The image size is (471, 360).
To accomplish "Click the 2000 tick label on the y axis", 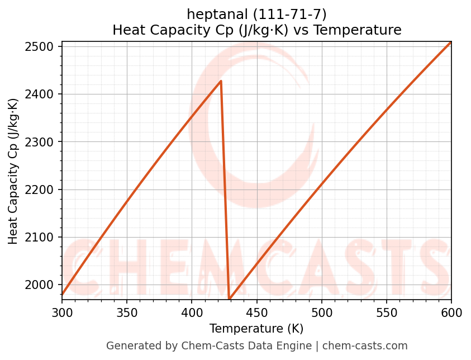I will tap(43, 285).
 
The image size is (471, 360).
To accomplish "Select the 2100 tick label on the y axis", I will tap(43, 238).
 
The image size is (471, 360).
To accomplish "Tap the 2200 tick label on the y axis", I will tap(43, 190).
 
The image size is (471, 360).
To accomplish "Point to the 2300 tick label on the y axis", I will tap(43, 142).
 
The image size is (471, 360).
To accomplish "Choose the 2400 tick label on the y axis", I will tap(43, 94).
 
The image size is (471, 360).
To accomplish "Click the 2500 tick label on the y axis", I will tap(43, 46).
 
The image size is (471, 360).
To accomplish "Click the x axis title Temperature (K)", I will tap(256, 329).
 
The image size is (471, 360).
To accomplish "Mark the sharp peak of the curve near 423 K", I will tap(221, 81).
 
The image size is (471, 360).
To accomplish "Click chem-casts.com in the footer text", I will tap(365, 346).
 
